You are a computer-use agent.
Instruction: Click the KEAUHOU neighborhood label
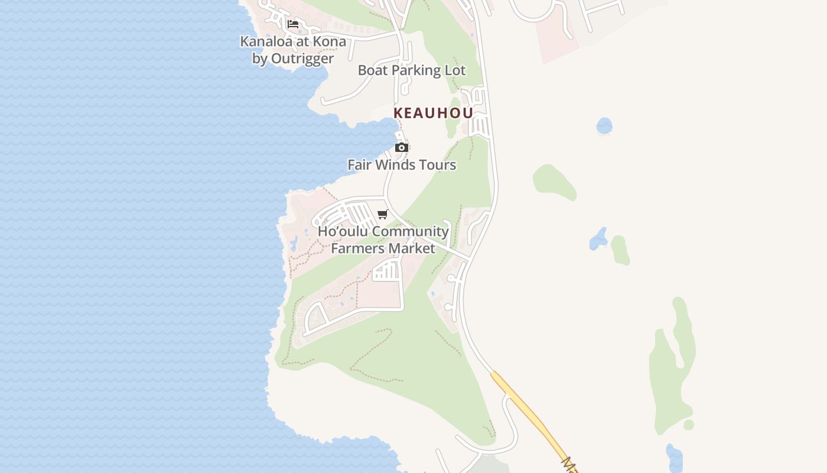(x=433, y=113)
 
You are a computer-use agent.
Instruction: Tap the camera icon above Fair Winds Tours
(x=402, y=147)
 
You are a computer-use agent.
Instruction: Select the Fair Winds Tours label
(x=402, y=165)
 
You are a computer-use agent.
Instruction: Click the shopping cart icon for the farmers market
(x=383, y=214)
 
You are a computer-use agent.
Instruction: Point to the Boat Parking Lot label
(x=412, y=70)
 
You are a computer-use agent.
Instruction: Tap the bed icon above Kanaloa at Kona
(x=293, y=24)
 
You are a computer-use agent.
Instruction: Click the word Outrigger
(x=302, y=59)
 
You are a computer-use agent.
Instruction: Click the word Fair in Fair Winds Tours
(x=360, y=165)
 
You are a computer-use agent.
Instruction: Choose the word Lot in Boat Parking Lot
(x=454, y=70)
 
